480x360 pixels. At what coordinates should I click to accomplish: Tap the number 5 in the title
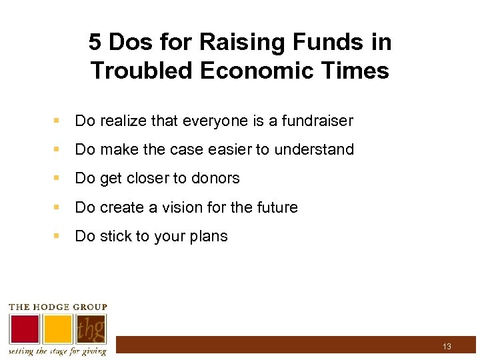click(95, 43)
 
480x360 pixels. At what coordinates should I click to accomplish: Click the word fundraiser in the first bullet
click(317, 121)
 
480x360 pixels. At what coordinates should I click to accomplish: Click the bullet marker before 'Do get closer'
click(59, 179)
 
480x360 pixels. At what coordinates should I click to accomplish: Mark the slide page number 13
click(447, 347)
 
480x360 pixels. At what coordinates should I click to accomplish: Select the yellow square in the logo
click(58, 328)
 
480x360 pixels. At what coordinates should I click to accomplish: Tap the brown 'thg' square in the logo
click(91, 328)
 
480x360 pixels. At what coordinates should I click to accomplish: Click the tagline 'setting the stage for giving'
click(57, 351)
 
